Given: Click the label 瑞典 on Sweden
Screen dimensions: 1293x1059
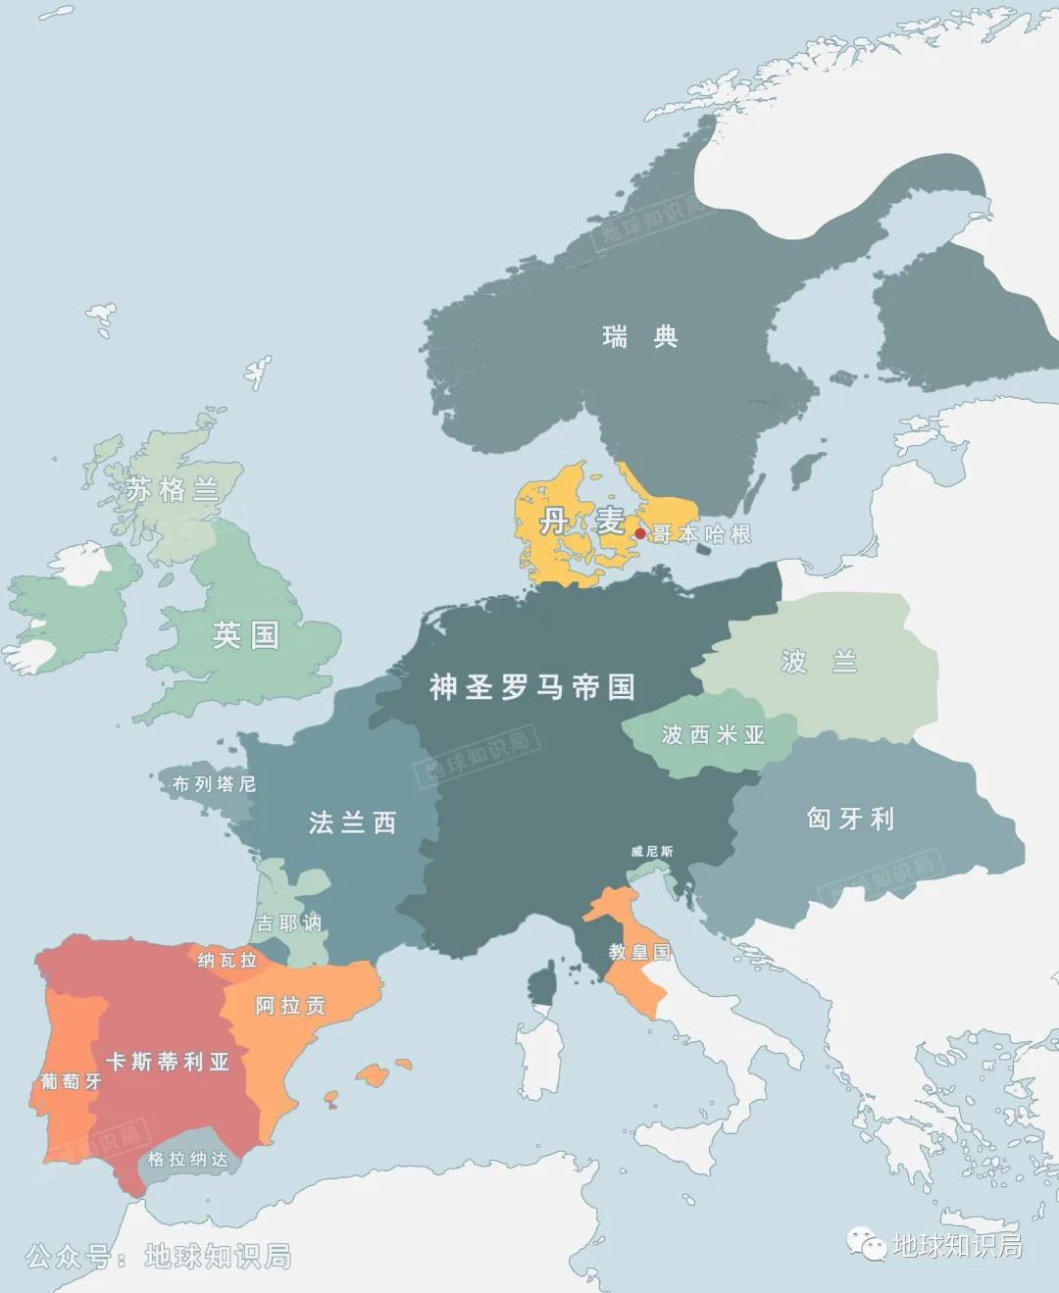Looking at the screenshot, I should click(x=639, y=337).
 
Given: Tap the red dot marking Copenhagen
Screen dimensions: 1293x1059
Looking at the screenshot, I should click(x=640, y=533).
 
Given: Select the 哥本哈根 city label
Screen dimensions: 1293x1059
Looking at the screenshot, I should click(x=702, y=534).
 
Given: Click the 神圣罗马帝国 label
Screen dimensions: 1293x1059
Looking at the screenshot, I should click(x=531, y=687).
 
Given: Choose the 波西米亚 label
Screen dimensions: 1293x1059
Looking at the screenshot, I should click(x=713, y=734).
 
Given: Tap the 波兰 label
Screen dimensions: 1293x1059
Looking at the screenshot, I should click(x=819, y=662).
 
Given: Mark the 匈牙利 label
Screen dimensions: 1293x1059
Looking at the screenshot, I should click(x=850, y=819).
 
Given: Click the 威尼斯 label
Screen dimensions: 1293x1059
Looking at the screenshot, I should click(x=652, y=851).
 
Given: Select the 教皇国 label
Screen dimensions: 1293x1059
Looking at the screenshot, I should click(x=639, y=951).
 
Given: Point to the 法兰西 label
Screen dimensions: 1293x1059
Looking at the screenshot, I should click(x=352, y=822).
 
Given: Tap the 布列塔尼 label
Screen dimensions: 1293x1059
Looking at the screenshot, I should click(x=214, y=783).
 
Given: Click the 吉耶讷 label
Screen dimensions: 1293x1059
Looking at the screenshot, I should click(x=288, y=923).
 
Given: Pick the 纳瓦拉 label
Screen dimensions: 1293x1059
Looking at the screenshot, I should click(x=227, y=960).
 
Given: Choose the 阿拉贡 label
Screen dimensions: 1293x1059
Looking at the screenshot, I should click(x=290, y=1006).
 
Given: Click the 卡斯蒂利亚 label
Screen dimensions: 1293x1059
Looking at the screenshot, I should click(x=168, y=1062).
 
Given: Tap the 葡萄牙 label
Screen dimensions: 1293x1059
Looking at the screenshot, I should click(x=71, y=1081).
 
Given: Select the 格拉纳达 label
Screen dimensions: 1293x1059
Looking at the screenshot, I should click(x=188, y=1160).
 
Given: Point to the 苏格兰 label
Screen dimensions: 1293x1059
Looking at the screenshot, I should click(x=172, y=489).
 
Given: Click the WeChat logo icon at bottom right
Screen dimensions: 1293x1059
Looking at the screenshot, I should click(x=868, y=1245).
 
